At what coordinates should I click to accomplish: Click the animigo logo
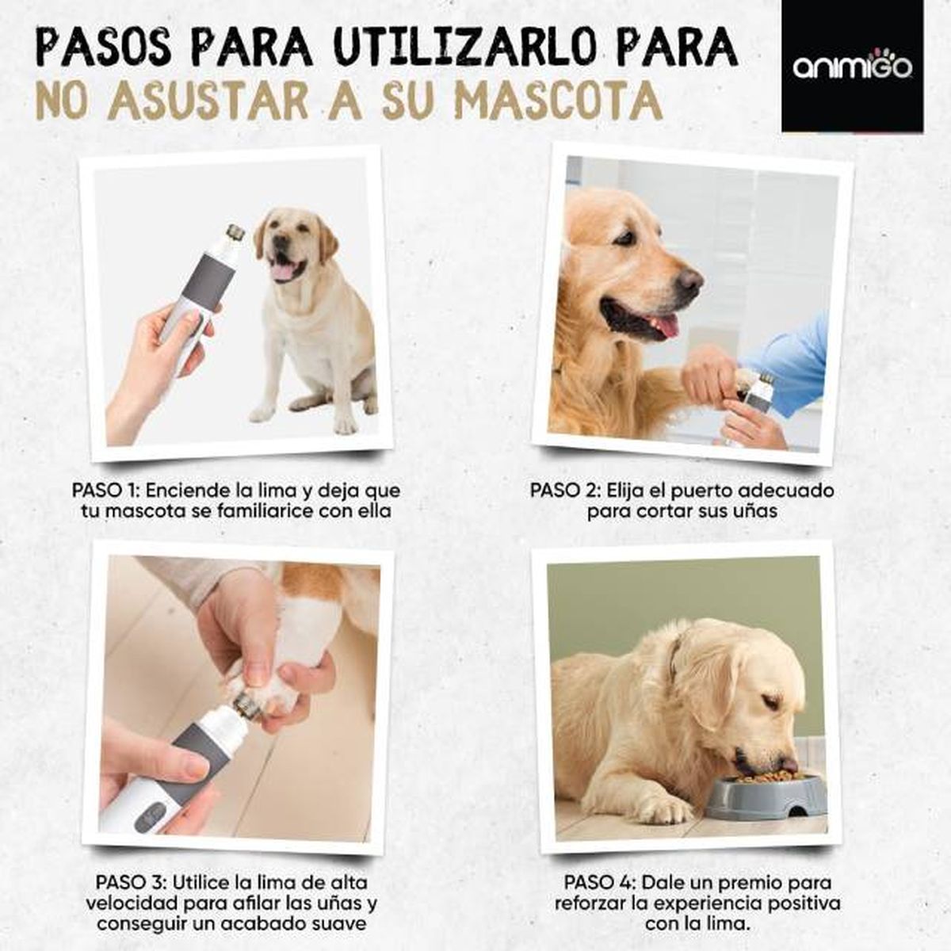(852, 67)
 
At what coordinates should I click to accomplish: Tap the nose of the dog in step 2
(689, 281)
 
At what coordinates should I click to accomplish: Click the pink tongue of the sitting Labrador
(281, 272)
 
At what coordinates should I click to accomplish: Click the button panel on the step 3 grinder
(151, 815)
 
